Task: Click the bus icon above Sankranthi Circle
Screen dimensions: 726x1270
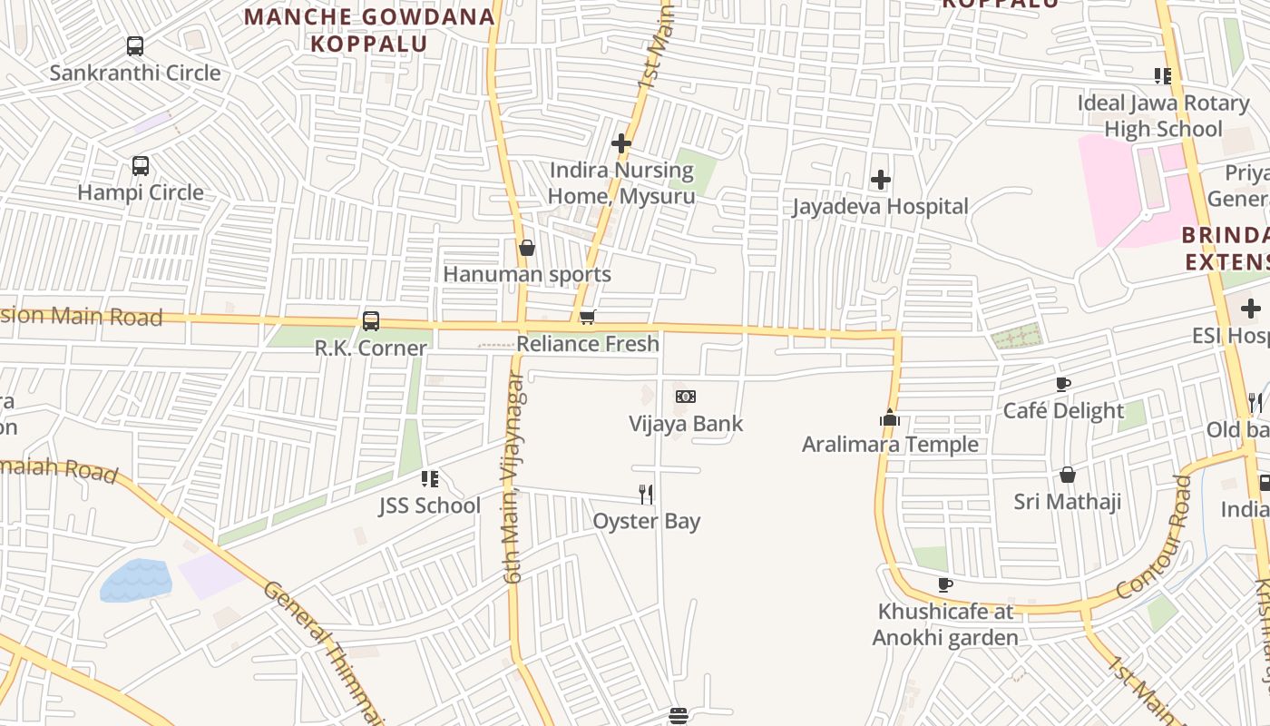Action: [135, 45]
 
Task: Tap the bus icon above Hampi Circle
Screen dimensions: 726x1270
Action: [141, 166]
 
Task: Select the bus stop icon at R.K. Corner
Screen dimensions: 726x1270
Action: [371, 321]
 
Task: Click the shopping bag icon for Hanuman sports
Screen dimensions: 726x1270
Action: [527, 248]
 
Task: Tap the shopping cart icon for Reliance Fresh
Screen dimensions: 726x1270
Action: [588, 318]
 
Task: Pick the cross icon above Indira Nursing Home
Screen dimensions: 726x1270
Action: [621, 143]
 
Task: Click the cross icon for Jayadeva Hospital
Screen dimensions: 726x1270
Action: [880, 180]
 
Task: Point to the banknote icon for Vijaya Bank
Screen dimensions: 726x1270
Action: [686, 397]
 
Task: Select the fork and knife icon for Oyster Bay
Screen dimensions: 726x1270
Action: [646, 494]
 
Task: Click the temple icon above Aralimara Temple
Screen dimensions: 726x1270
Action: [890, 417]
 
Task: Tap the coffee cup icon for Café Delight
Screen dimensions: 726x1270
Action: [1063, 384]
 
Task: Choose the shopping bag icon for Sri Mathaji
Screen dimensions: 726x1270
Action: [1068, 475]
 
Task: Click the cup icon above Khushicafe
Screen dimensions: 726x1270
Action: [945, 584]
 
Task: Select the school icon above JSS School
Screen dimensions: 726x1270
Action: [430, 478]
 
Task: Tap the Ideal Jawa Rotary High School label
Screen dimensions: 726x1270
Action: [1163, 116]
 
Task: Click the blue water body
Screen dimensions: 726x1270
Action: [136, 581]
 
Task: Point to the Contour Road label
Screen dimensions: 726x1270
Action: [1153, 537]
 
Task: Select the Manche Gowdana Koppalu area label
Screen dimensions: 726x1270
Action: [369, 30]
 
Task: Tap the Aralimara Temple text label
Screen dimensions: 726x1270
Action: [890, 444]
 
